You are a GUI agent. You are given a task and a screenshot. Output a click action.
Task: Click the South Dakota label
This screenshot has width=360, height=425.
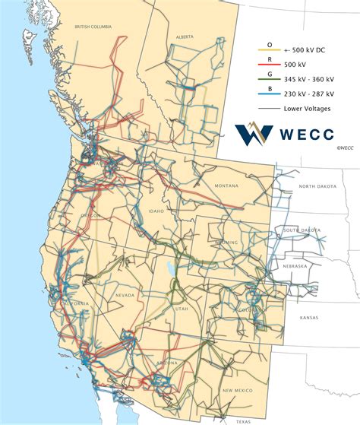coord(302,230)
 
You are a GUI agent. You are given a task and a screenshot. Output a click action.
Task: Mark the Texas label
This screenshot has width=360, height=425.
coord(243,420)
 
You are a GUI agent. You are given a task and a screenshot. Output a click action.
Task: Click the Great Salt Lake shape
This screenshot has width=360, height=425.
coord(167,268)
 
